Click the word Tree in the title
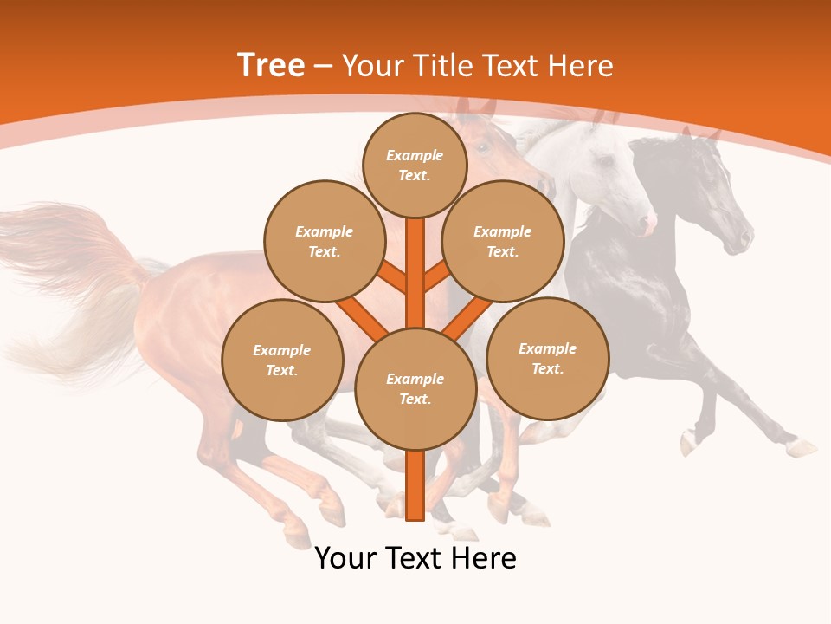point(271,66)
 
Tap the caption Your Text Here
point(415,558)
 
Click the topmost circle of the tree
point(415,165)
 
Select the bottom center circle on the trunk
point(415,389)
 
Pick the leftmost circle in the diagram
point(282,360)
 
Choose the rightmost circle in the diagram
point(547,358)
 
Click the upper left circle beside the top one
point(324,241)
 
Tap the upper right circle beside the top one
point(502,241)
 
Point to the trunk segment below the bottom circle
point(415,485)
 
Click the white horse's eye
point(606,162)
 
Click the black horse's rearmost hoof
point(801,448)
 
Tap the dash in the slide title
point(324,66)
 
